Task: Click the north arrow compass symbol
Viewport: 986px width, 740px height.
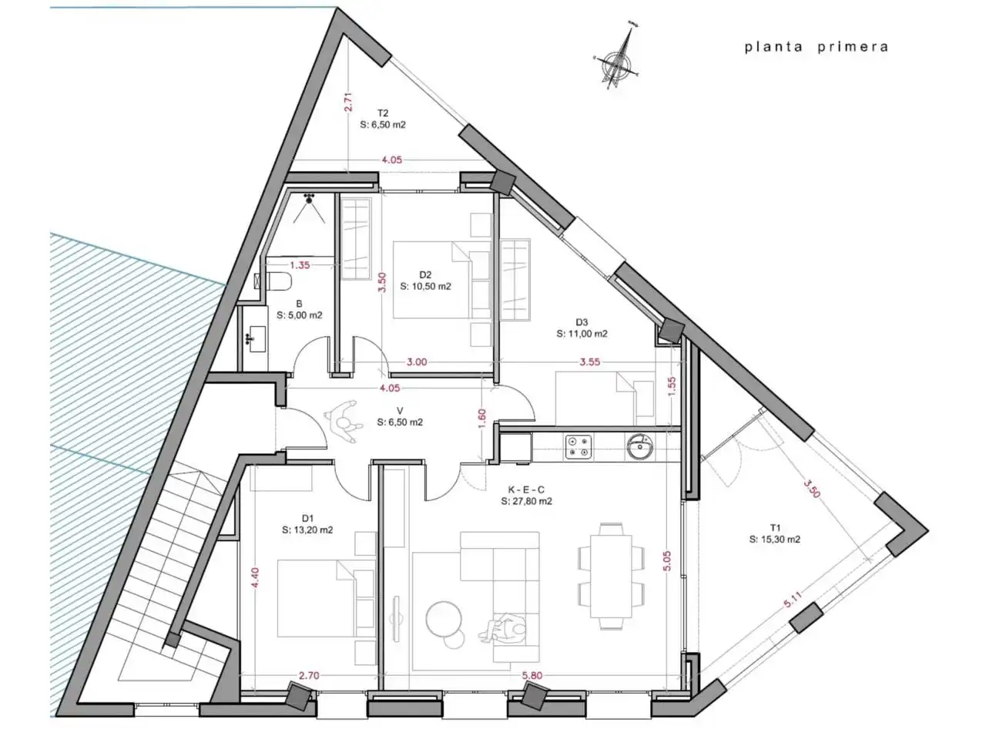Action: [x=619, y=58]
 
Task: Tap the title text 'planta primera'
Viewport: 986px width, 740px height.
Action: [x=817, y=48]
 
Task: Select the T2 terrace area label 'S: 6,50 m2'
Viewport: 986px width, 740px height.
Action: [x=383, y=125]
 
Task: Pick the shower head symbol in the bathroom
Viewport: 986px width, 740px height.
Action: [x=309, y=199]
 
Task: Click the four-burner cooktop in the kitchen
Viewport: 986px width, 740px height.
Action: [x=579, y=447]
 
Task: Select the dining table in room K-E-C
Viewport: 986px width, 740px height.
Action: [x=611, y=576]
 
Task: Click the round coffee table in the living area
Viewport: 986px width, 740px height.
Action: [x=444, y=619]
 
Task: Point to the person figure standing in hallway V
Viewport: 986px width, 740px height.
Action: [x=344, y=422]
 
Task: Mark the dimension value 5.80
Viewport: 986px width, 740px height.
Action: [x=532, y=675]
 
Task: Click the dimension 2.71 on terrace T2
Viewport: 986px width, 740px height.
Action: [x=348, y=102]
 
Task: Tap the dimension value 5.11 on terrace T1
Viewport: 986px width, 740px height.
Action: [x=793, y=600]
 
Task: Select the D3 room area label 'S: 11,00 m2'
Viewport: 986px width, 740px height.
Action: [x=582, y=334]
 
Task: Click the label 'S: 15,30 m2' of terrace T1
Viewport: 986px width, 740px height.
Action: [x=775, y=539]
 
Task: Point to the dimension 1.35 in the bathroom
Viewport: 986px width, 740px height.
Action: [x=300, y=265]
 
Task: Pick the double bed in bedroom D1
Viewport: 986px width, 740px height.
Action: [x=326, y=597]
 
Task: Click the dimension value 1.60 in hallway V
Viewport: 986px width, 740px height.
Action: [x=482, y=418]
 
